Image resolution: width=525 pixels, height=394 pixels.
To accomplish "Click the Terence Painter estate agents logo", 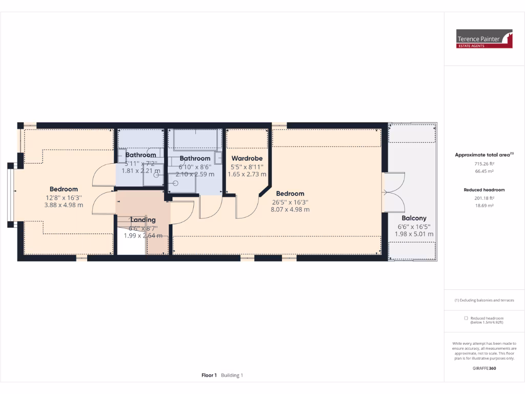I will click(x=484, y=38).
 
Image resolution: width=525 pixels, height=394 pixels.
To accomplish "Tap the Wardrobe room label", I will click(x=247, y=159).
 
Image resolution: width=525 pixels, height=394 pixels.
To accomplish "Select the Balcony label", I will click(x=414, y=218).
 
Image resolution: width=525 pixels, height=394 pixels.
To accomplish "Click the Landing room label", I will click(x=143, y=220).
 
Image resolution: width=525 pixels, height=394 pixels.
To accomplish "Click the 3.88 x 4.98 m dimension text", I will click(x=63, y=205).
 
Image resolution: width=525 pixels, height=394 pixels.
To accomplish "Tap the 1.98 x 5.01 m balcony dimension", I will click(x=414, y=234).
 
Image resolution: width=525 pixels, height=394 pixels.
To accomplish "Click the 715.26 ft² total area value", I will click(x=484, y=164).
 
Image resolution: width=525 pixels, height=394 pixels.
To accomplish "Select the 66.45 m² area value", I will click(x=484, y=171).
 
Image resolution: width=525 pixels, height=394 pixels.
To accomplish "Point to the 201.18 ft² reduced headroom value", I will click(x=484, y=198).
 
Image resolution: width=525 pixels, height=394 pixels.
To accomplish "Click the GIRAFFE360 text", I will click(x=484, y=368).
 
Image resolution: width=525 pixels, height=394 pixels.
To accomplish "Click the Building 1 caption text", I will click(x=232, y=376).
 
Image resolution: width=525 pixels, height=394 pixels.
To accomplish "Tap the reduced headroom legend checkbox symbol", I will click(x=466, y=318).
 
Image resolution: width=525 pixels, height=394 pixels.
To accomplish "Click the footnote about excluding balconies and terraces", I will click(x=484, y=300).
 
